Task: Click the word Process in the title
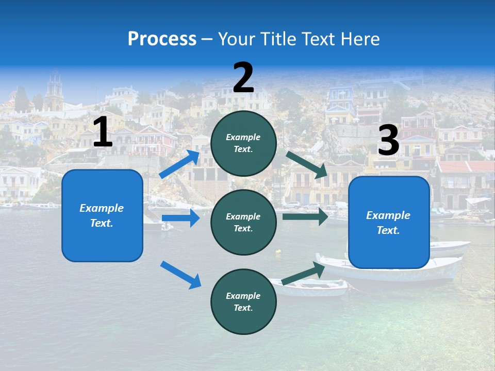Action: (162, 39)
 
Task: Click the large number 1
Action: (103, 132)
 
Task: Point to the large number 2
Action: (243, 78)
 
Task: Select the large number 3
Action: (388, 141)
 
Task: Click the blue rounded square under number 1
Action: (102, 215)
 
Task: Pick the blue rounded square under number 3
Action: (389, 223)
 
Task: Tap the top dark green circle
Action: (243, 143)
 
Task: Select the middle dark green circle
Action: (243, 222)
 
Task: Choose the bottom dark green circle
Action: (243, 301)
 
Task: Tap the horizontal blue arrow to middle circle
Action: (180, 218)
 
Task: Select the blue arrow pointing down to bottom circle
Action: (180, 274)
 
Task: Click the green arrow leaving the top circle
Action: (307, 165)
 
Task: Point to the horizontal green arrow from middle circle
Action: (305, 216)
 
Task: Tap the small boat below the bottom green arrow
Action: (315, 288)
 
